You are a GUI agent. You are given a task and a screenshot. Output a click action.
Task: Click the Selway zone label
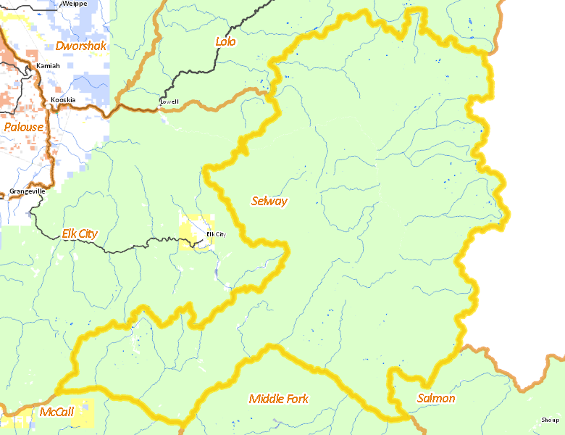click(269, 201)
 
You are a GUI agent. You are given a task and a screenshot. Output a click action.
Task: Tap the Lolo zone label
click(225, 41)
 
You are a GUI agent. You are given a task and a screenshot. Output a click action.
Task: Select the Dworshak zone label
click(80, 46)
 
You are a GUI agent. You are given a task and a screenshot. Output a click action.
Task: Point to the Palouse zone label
click(23, 127)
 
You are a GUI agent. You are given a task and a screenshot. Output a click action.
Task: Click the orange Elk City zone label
click(80, 233)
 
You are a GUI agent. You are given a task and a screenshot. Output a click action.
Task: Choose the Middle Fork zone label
click(278, 399)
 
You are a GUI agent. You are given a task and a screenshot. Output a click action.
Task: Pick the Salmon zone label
click(436, 398)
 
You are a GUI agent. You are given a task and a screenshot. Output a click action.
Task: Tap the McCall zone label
click(56, 413)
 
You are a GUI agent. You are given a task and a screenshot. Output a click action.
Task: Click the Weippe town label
click(75, 4)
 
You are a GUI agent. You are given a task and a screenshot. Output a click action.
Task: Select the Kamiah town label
click(48, 66)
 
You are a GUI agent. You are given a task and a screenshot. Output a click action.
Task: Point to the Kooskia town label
click(63, 100)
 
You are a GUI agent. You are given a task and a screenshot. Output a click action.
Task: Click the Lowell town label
click(169, 102)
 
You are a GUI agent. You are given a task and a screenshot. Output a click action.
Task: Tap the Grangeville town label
click(28, 191)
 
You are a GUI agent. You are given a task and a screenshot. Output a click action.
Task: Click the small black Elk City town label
click(216, 234)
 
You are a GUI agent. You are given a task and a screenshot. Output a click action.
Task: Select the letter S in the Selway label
click(255, 201)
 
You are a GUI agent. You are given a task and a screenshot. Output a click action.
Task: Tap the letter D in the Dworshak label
click(59, 46)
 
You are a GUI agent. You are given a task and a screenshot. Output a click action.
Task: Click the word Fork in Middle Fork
click(296, 399)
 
